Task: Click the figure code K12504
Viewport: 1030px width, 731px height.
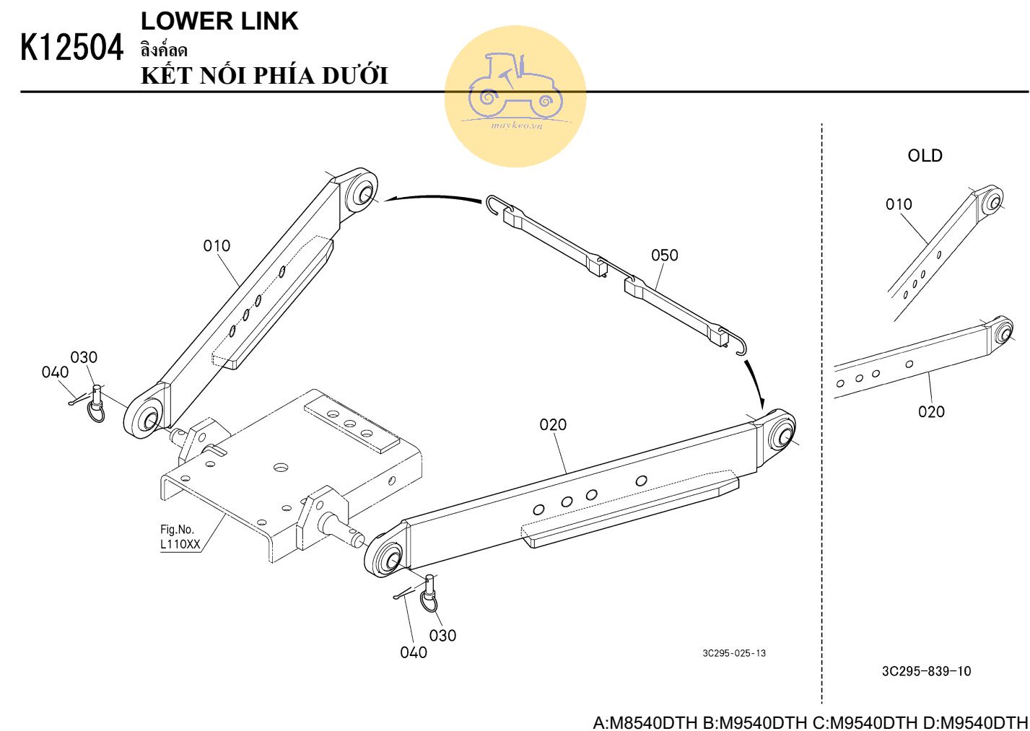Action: pos(71,48)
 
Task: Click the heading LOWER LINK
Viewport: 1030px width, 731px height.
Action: pos(219,21)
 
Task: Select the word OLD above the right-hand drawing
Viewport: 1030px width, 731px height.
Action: pos(925,156)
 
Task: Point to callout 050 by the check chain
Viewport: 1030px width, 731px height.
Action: pos(665,255)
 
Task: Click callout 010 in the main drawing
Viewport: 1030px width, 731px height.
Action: pos(217,246)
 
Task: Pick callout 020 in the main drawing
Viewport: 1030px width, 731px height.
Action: pos(553,424)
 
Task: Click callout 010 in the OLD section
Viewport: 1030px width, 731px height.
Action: pos(899,204)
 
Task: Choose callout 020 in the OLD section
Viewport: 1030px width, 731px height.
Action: pos(931,411)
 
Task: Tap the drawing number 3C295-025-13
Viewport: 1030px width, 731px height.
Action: pos(734,653)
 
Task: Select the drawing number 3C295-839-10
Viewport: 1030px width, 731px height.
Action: pos(926,671)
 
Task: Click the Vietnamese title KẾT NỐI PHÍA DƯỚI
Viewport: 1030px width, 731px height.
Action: pos(264,75)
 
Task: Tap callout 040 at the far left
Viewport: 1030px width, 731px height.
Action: pos(55,372)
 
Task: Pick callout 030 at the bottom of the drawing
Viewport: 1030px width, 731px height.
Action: pos(442,636)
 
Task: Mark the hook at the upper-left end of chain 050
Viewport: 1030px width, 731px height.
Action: pos(496,205)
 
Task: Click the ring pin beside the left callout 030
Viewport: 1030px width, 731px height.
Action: pos(97,405)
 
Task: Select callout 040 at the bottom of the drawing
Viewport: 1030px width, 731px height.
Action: pos(414,652)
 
